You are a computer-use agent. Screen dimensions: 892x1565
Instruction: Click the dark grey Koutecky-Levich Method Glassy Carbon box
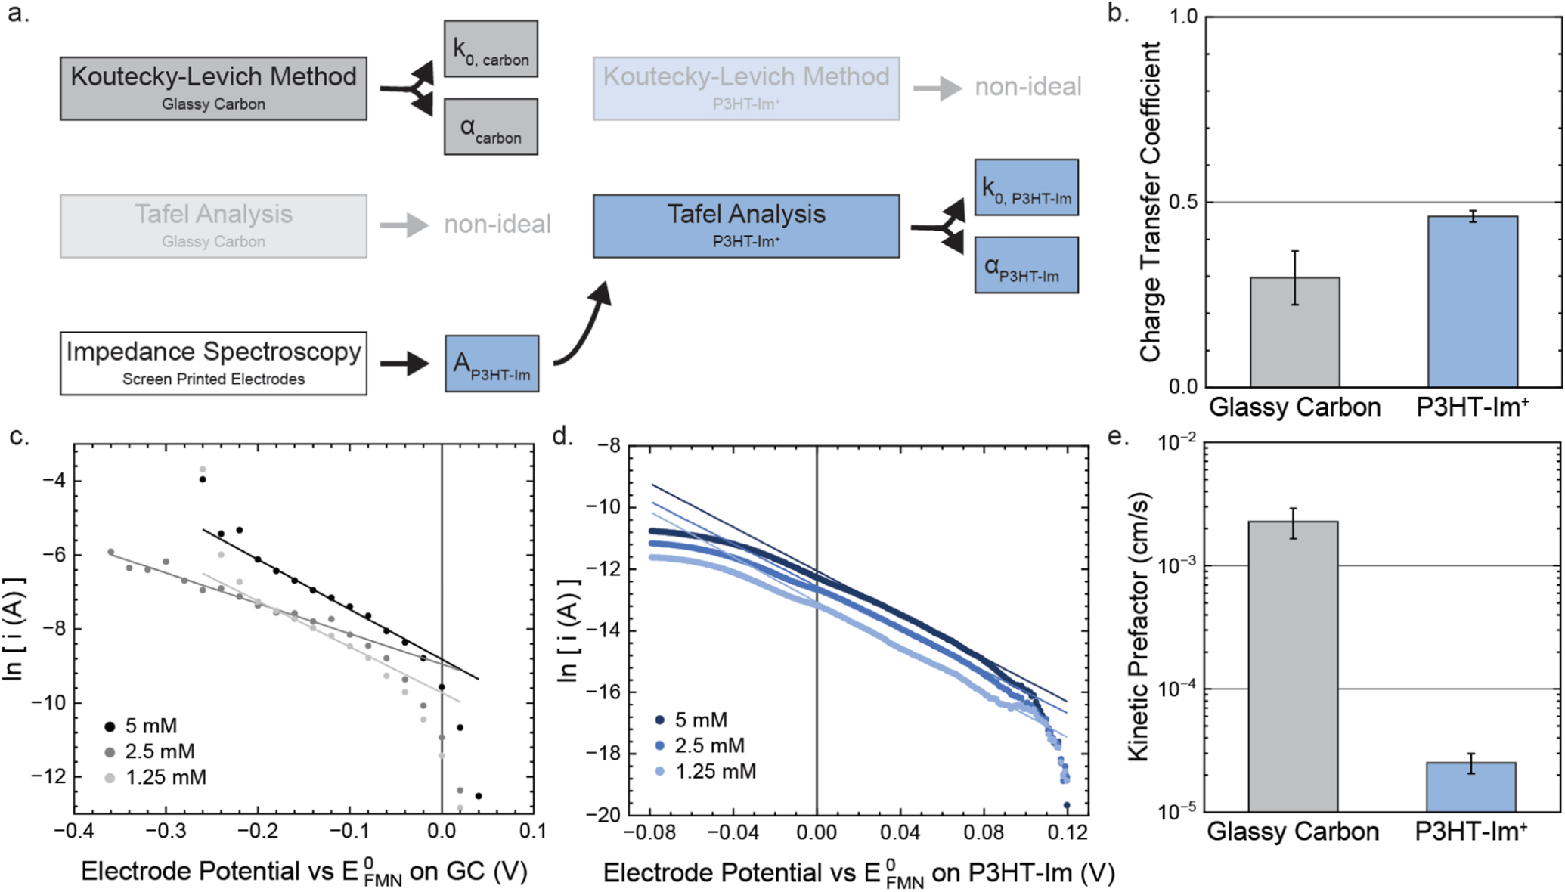point(213,88)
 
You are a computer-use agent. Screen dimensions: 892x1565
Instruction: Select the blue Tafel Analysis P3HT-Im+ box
point(745,225)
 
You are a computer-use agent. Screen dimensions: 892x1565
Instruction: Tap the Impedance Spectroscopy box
point(213,363)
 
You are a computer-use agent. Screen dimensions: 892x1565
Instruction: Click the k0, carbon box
point(491,49)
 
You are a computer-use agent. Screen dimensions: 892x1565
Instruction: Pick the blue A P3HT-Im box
point(491,364)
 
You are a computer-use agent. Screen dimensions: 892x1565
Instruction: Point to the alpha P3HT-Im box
point(1026,265)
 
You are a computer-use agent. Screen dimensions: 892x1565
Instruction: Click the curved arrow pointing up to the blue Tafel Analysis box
point(586,325)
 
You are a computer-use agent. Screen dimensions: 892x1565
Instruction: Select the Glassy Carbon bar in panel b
point(1294,333)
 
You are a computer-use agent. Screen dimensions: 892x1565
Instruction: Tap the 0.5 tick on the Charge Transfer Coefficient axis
point(1184,203)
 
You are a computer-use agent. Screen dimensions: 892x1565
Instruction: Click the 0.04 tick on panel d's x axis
point(900,833)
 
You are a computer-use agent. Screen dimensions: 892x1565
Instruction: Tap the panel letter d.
point(562,436)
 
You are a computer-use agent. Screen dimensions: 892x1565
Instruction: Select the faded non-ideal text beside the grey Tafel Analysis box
point(497,225)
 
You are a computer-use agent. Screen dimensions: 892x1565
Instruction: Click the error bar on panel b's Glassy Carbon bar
point(1295,277)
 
